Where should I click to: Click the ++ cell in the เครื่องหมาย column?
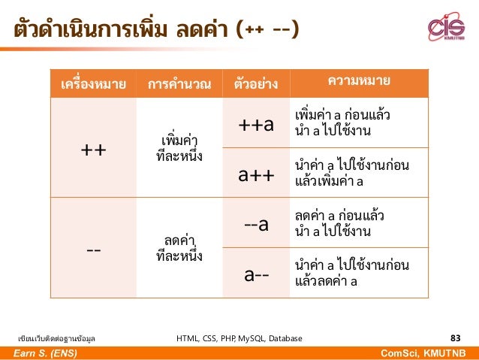pos(93,149)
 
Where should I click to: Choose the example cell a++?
pos(256,174)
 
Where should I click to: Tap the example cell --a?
pos(256,224)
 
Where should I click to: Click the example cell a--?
pos(256,274)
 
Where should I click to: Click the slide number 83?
pos(455,338)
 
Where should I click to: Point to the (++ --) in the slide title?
pos(267,30)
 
